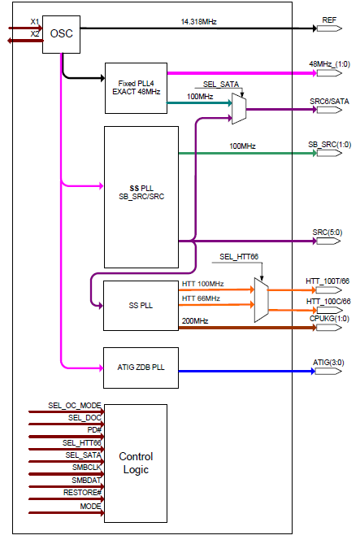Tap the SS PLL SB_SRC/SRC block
coord(141,196)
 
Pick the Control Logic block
coord(136,463)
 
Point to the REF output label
coord(328,19)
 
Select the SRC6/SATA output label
coord(329,101)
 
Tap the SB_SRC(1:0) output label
coord(329,143)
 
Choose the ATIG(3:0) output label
coord(329,360)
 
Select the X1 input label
coord(34,22)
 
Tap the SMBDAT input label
coord(85,480)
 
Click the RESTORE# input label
coord(82,493)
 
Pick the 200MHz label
coord(195,321)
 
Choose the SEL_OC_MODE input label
coord(74,404)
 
